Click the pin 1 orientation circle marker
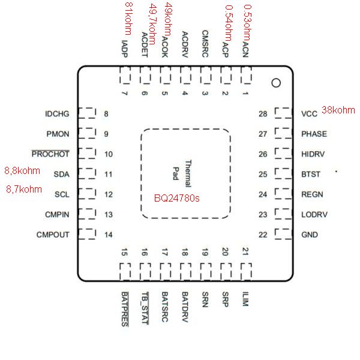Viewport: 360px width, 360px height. (x=276, y=83)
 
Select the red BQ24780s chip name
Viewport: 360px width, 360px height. (x=176, y=198)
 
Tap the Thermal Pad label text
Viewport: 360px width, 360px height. (x=182, y=173)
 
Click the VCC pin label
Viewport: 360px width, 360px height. (x=309, y=113)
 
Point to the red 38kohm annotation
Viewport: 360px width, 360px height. (x=338, y=110)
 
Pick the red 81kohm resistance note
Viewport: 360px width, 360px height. (x=129, y=19)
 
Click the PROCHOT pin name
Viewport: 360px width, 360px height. (x=50, y=154)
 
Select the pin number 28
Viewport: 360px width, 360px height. (x=263, y=114)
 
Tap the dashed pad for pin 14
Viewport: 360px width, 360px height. (x=87, y=234)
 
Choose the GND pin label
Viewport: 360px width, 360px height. (x=310, y=235)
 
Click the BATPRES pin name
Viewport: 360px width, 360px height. (x=125, y=309)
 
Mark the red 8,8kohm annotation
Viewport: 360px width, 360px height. (x=22, y=171)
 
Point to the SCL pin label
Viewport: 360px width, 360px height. (x=62, y=194)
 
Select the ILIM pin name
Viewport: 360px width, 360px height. (x=245, y=299)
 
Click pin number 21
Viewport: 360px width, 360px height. (x=245, y=251)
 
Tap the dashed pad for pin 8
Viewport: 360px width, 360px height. (x=87, y=113)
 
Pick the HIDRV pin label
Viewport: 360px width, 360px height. (x=313, y=154)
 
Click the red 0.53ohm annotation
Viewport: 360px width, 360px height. (x=247, y=23)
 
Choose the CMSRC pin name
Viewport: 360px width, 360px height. (x=205, y=44)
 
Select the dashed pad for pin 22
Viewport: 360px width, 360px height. (x=283, y=234)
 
